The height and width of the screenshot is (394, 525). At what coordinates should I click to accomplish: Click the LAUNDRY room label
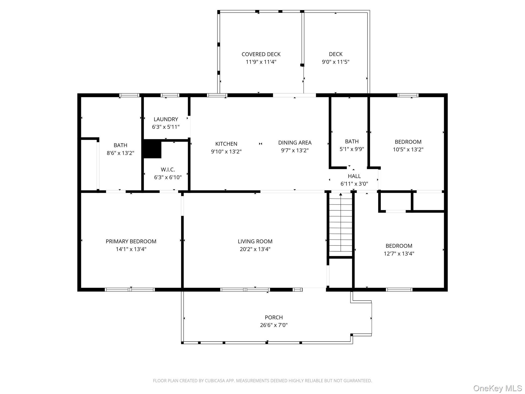166,119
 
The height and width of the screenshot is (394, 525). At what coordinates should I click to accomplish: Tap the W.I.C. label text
168,170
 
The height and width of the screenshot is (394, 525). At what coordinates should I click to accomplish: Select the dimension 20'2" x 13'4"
255,249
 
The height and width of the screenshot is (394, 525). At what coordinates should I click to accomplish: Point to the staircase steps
340,224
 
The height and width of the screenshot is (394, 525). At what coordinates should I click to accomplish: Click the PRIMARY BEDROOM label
131,241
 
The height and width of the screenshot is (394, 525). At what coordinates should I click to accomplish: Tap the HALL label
354,176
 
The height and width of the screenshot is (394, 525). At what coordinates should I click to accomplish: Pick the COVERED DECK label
261,54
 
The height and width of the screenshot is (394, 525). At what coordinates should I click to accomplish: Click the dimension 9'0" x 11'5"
336,62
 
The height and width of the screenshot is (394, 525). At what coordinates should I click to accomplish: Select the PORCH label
274,317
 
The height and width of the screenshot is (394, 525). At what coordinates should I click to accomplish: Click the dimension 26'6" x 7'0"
274,325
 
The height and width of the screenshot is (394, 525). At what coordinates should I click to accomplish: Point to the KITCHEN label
226,144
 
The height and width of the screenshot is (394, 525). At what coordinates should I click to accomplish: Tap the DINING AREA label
295,143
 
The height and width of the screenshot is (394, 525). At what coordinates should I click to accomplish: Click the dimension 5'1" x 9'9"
352,149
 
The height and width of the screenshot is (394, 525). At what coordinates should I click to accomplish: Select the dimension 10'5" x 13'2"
408,149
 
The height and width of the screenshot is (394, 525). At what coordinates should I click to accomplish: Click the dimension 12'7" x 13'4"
399,253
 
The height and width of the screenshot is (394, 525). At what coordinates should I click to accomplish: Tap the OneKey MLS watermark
497,388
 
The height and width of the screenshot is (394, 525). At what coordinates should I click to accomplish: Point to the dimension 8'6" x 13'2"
120,153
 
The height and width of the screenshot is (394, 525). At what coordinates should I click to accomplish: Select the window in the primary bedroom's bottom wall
130,290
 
